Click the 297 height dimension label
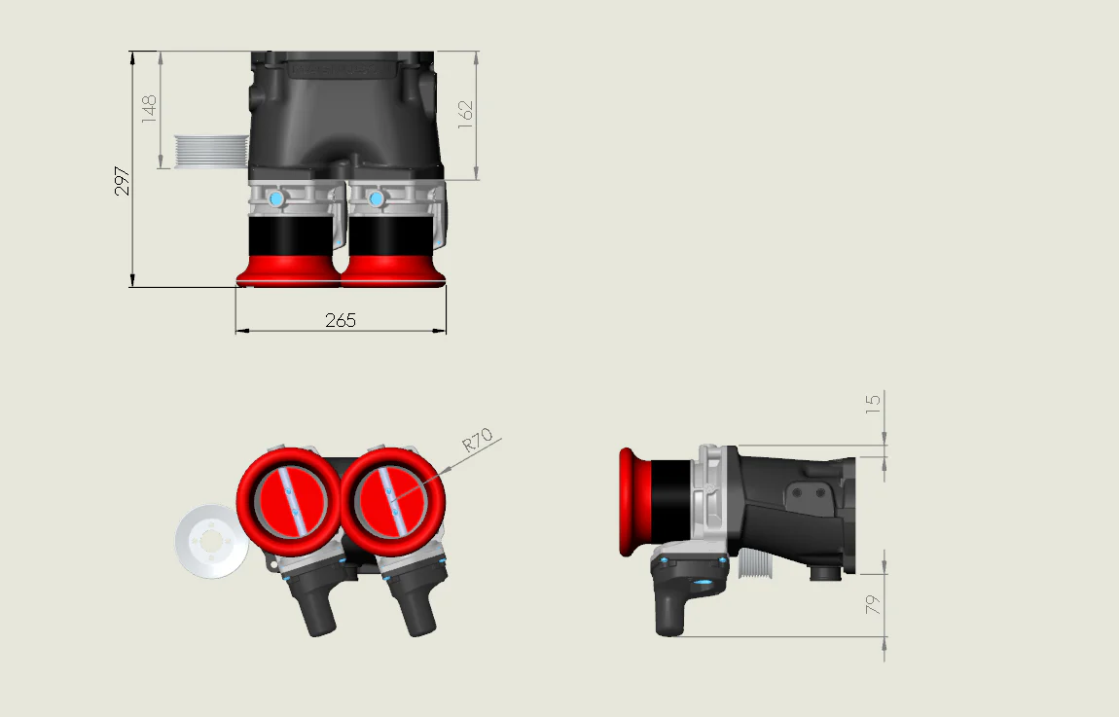(123, 181)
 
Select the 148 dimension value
(149, 108)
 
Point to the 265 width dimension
(341, 319)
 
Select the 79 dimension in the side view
(873, 604)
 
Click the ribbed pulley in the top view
(209, 152)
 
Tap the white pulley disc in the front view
(208, 541)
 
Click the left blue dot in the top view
(275, 198)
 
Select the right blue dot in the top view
(376, 198)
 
